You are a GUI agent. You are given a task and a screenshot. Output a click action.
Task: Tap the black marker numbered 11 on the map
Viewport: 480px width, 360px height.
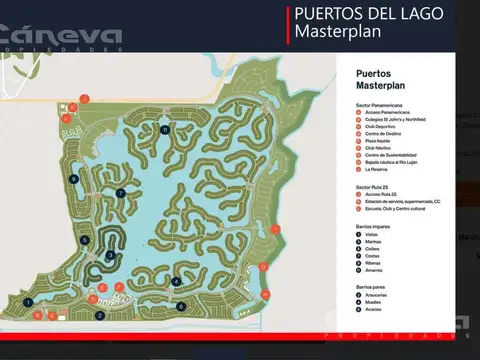(165, 129)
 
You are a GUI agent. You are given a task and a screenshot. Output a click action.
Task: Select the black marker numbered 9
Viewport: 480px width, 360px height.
(74, 178)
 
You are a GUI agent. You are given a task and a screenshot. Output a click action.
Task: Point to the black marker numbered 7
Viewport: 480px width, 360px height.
(121, 192)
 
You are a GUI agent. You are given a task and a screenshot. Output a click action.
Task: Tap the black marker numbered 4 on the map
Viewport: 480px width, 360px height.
(177, 281)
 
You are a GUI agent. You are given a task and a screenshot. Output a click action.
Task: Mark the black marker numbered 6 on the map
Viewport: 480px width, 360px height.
(181, 306)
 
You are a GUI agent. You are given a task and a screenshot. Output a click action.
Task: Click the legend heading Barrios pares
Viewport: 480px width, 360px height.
(371, 288)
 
